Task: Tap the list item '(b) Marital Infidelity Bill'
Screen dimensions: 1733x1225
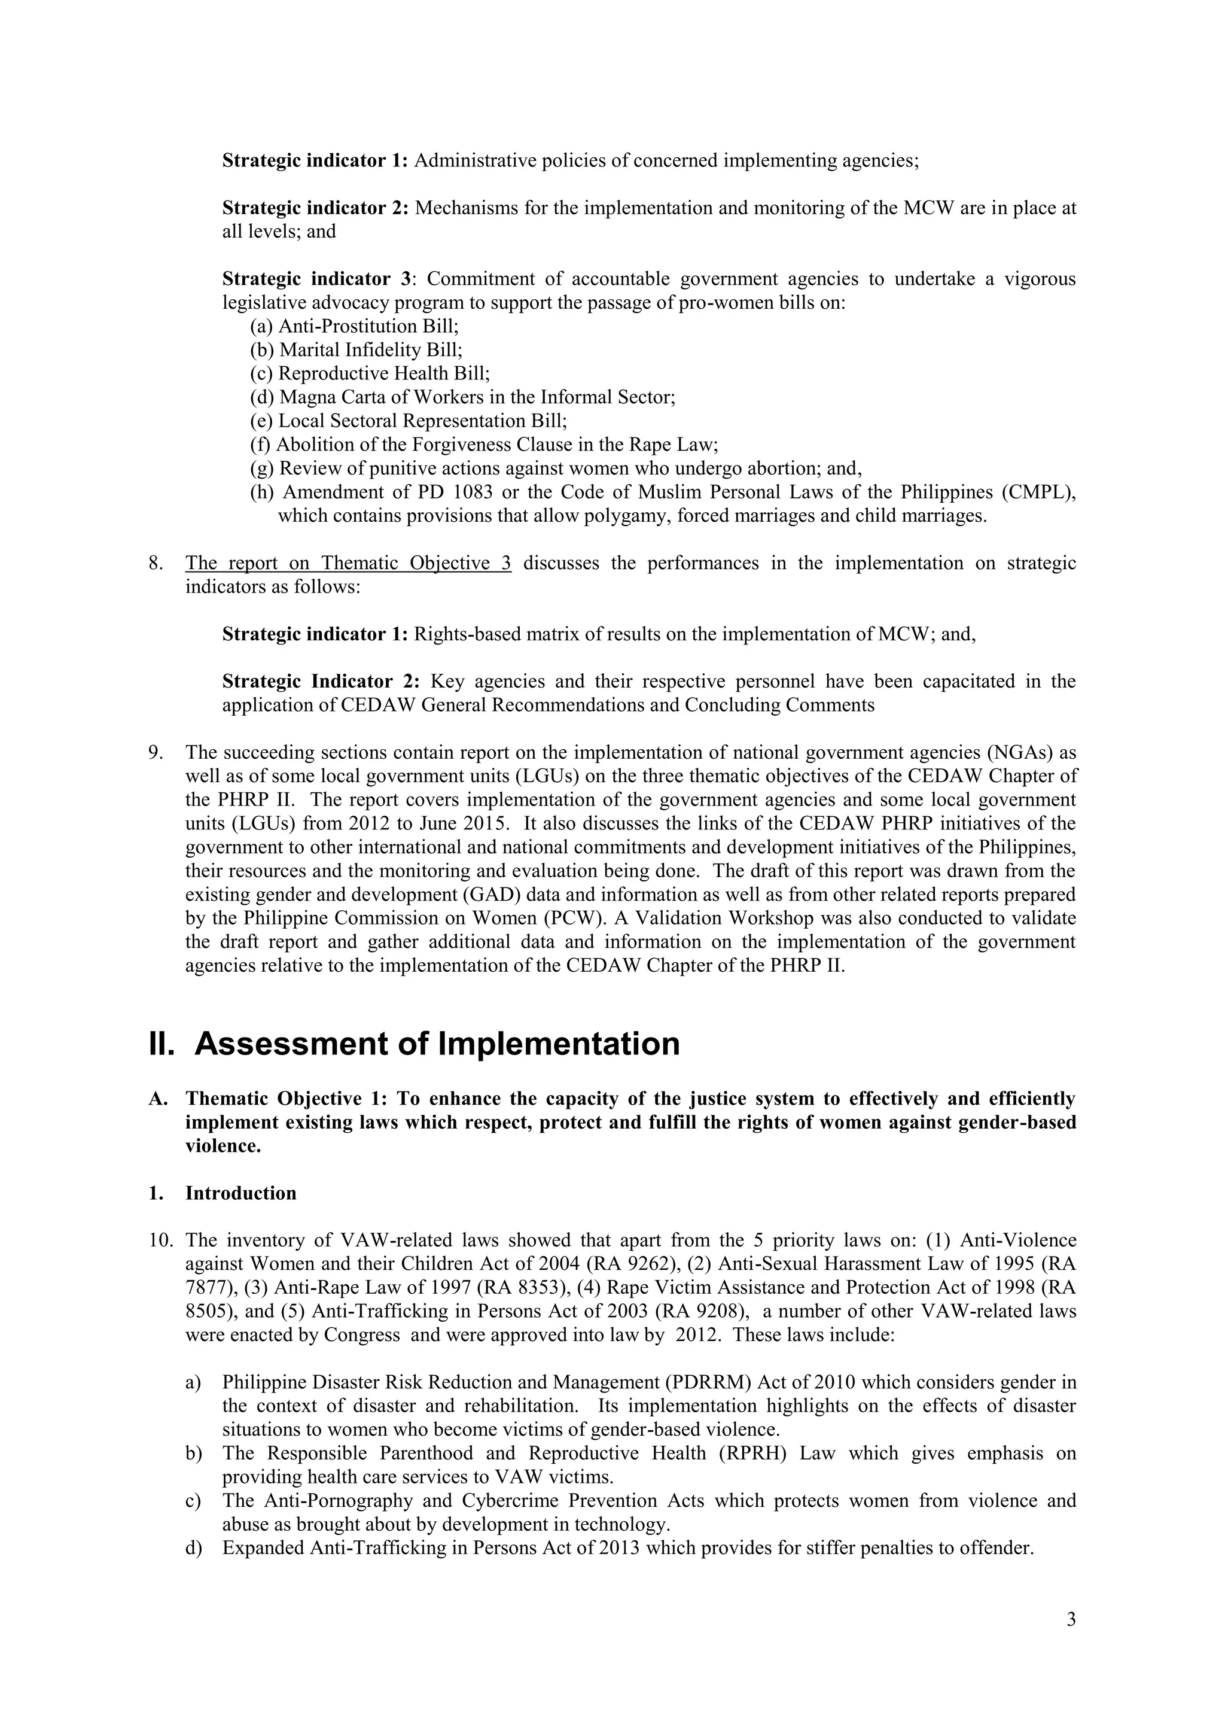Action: coord(356,350)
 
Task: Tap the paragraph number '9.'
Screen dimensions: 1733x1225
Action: coord(156,753)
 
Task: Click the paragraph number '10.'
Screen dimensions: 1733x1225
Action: coord(161,1241)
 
